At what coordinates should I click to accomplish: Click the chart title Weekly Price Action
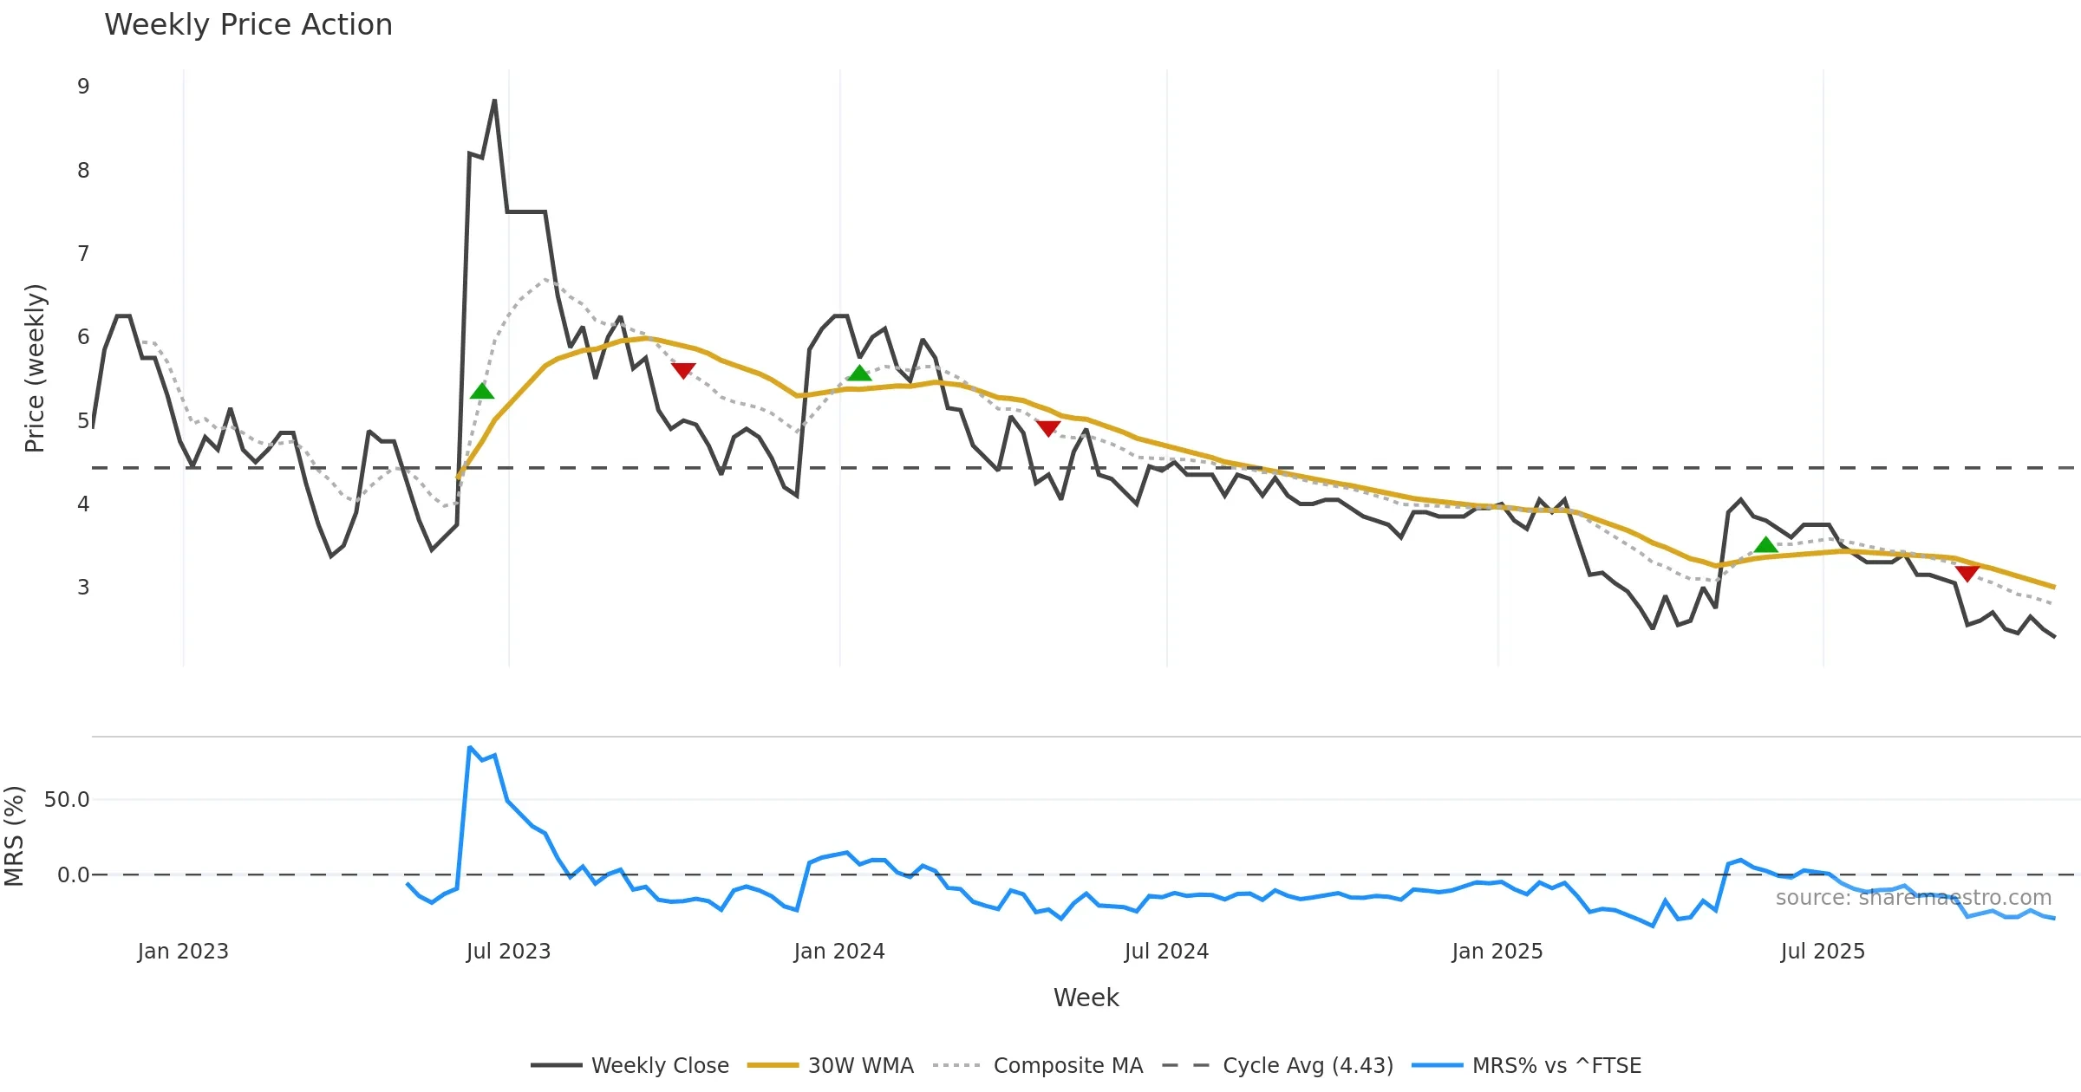(248, 25)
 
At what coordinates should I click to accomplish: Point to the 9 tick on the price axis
(83, 87)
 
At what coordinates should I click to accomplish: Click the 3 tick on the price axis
(83, 588)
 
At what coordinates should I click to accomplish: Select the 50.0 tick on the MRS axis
(67, 800)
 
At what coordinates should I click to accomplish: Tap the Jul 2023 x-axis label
(508, 952)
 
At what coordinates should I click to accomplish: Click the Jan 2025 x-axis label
(1497, 952)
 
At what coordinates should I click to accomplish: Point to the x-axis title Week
(1086, 998)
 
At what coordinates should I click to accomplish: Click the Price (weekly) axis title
(35, 368)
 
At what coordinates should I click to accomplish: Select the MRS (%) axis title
(15, 836)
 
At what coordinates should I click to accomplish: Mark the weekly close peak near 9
(494, 101)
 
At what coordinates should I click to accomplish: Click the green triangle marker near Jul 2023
(482, 391)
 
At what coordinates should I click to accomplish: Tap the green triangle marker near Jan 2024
(859, 374)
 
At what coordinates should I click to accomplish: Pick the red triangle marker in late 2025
(1967, 573)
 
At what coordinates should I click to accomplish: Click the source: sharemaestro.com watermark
(1913, 898)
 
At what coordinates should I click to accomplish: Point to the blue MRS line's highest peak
(469, 747)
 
